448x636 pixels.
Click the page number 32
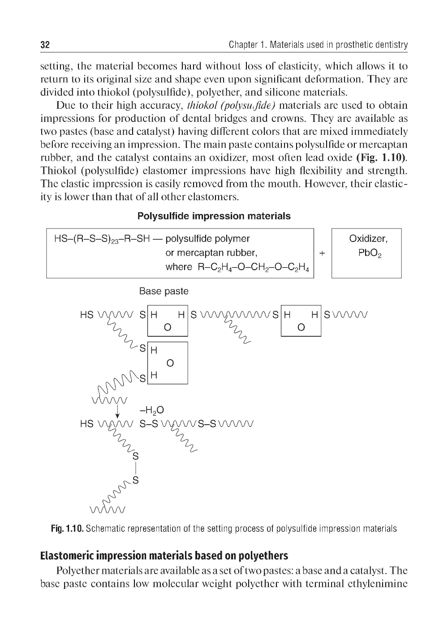click(x=45, y=45)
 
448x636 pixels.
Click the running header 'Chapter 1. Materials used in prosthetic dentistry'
click(x=318, y=45)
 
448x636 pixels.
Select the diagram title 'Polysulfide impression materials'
click(x=214, y=216)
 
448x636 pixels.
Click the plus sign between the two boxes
click(x=322, y=253)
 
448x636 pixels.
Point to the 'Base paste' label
click(x=164, y=291)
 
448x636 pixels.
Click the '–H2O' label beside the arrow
click(x=152, y=410)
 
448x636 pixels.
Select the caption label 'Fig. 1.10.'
click(x=67, y=529)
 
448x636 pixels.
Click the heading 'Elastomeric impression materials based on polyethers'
click(x=164, y=556)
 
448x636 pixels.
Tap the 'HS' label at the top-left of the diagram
click(x=86, y=315)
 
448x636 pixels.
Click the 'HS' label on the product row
click(x=86, y=424)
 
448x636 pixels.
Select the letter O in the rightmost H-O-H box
click(x=301, y=327)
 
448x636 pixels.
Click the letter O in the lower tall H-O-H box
click(x=169, y=363)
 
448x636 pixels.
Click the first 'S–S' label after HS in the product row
click(x=149, y=424)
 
